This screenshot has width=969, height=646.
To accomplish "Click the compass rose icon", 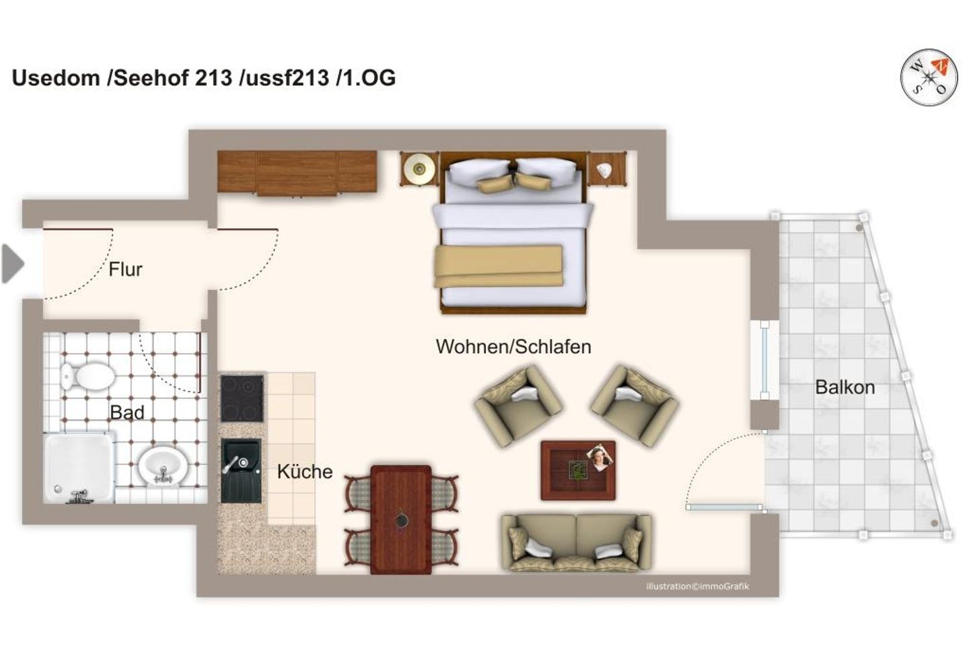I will pos(929,77).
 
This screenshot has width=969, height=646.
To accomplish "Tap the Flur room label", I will pos(125,270).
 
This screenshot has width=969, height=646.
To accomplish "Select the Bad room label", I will pos(127,412).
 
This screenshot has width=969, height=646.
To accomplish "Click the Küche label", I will pos(304,472).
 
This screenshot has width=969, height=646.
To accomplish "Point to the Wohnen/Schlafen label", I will pos(513,347).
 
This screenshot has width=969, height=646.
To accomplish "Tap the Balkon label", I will pos(845,388).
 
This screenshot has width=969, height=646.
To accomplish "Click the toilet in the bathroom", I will pos(87,375).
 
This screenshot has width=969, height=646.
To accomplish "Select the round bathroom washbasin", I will pos(163,464).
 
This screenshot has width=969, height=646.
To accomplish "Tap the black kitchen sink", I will pos(241,470).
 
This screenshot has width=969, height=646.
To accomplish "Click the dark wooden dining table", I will pos(401,519).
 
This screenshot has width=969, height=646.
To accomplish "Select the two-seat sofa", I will pos(576,542).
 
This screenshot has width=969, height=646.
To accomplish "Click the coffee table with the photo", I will pos(578,470).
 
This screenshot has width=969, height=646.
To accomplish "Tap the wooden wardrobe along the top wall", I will pos(297,173).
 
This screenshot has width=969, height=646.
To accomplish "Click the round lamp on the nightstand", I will pos(419,168).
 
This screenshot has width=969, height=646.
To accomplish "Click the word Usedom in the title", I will pos(56,78).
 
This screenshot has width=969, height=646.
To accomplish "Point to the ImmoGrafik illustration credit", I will pos(696,586).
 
